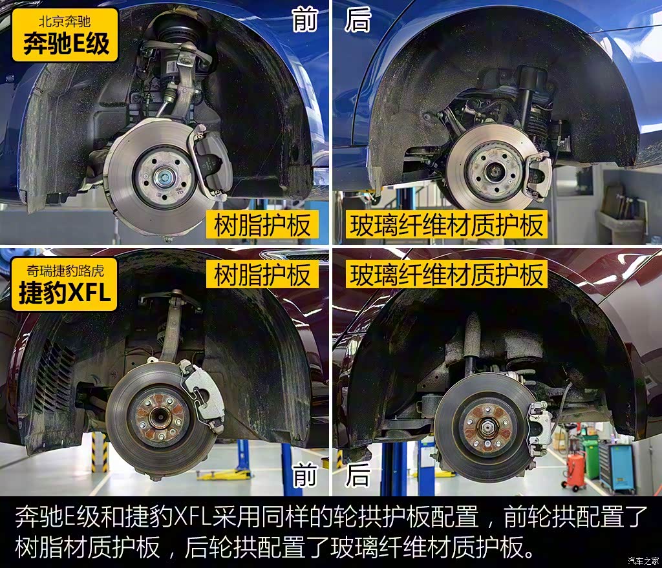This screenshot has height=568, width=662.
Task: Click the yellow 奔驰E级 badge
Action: [65, 35]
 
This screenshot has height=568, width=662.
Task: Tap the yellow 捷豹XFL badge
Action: [64, 284]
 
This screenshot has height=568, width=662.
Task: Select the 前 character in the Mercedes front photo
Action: [305, 20]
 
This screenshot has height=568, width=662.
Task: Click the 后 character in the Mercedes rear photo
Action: [358, 20]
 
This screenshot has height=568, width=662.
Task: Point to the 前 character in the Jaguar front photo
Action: [305, 474]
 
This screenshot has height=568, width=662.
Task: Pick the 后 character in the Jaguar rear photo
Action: [358, 474]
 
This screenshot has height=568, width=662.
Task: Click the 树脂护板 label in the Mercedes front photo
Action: [262, 225]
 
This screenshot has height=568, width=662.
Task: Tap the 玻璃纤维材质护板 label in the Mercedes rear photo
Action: [447, 225]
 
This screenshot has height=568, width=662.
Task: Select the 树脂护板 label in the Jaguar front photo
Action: [262, 274]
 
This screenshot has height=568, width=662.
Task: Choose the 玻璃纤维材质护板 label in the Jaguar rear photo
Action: [447, 274]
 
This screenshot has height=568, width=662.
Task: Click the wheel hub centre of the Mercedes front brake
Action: [162, 176]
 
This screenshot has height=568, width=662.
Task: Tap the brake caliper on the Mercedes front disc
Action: [210, 162]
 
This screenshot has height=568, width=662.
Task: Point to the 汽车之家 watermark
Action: [643, 560]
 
